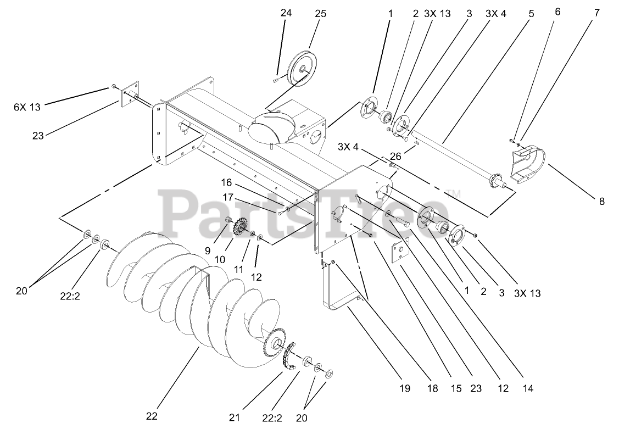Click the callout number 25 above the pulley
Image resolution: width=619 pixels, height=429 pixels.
tap(320, 14)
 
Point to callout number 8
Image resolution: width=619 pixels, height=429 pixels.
tap(601, 202)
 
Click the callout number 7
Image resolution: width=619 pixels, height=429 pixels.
tap(596, 14)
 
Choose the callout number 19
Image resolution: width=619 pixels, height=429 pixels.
tap(404, 389)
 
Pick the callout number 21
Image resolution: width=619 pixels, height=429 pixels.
tap(235, 417)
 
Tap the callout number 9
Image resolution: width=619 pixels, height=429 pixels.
tap(208, 250)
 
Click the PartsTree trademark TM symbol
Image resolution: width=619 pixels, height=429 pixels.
tap(454, 193)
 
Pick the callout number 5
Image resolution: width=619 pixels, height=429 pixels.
tap(531, 14)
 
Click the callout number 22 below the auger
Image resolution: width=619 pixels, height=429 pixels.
tap(152, 416)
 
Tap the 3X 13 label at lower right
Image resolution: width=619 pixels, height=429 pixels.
tap(527, 293)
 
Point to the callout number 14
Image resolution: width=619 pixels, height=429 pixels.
tap(528, 389)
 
